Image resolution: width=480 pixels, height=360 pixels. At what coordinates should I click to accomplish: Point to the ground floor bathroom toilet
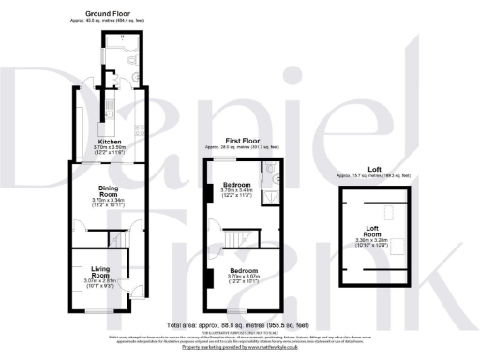[128, 66]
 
